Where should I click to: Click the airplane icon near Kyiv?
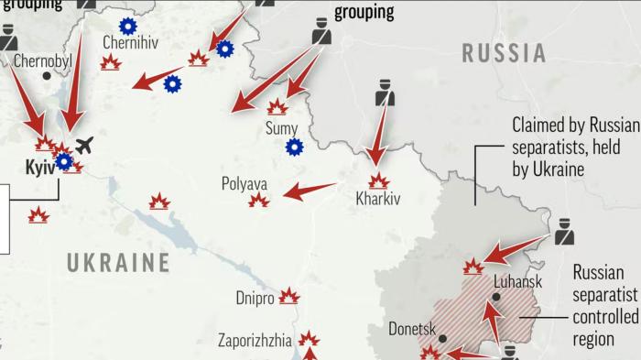click(x=85, y=145)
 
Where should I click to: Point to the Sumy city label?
click(x=281, y=128)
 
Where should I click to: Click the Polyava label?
click(x=244, y=183)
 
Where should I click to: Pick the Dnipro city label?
click(x=255, y=298)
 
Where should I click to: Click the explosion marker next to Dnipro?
click(x=289, y=296)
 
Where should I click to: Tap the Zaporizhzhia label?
click(x=255, y=341)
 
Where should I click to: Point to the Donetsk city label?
click(x=412, y=328)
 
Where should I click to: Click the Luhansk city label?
click(x=518, y=283)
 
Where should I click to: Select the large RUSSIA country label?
click(x=505, y=53)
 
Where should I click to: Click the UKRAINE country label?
click(x=118, y=263)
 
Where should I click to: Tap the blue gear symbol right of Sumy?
click(x=294, y=147)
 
